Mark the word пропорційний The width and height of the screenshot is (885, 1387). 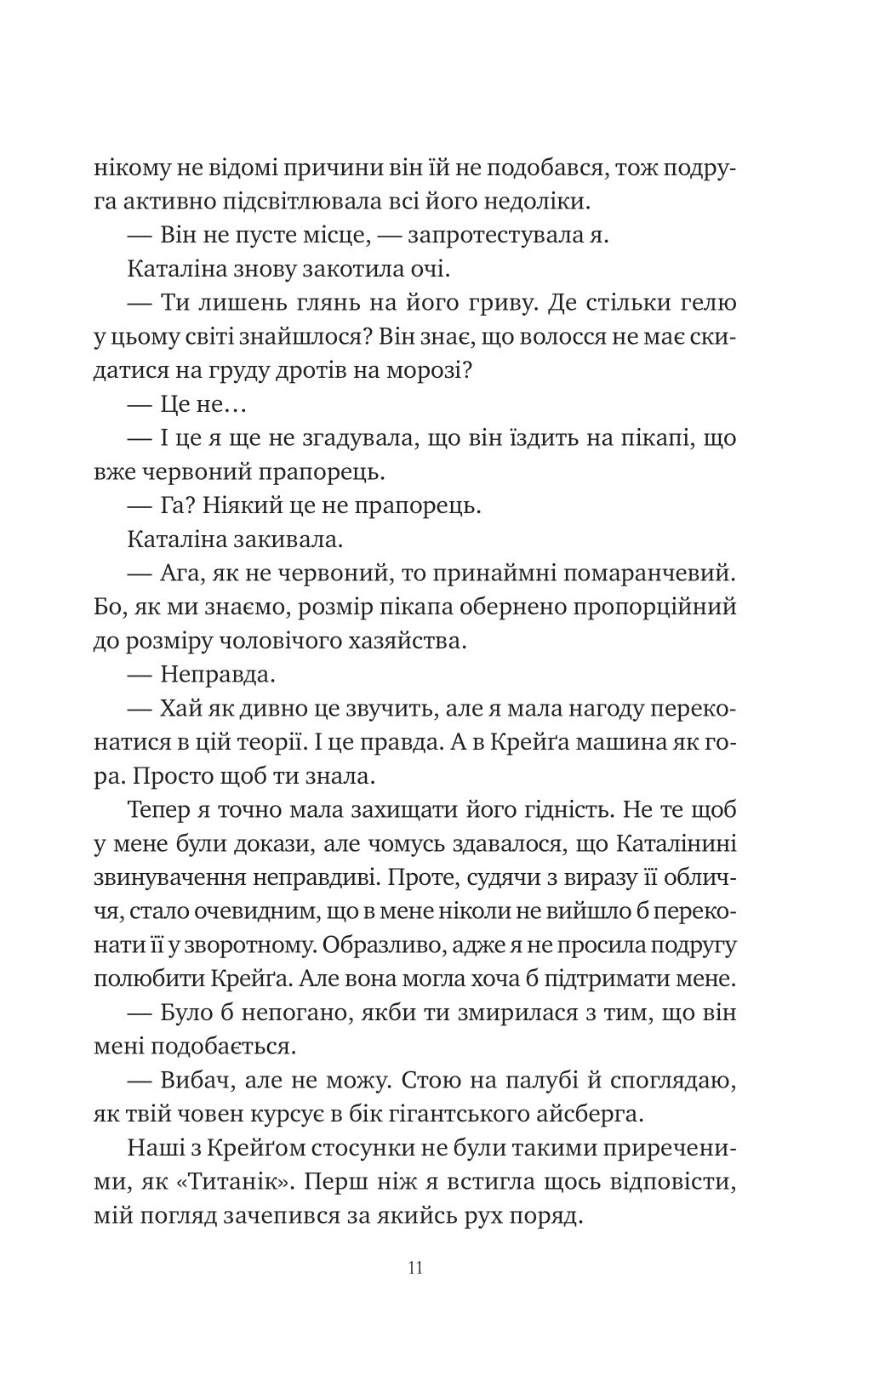[x=654, y=608]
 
